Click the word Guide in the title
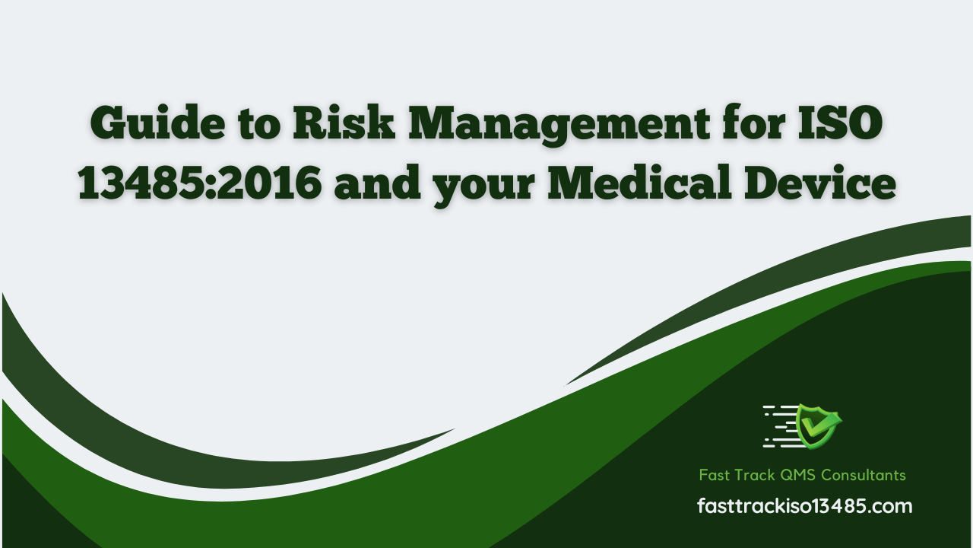[x=157, y=123]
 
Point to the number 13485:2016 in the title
[x=200, y=183]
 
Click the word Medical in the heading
[x=639, y=183]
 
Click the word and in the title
[x=377, y=183]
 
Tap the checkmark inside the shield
[x=819, y=424]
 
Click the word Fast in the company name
[x=715, y=475]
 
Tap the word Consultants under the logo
[x=864, y=475]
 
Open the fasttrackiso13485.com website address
[x=805, y=506]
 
